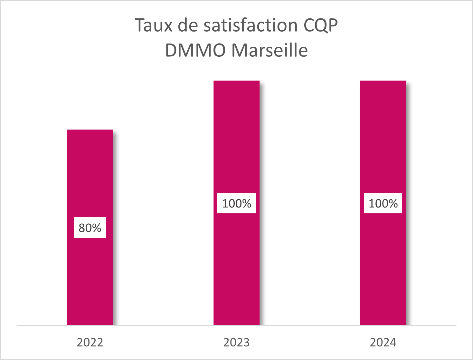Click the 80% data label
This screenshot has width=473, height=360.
[x=90, y=228]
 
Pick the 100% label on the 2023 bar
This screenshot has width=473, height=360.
[x=236, y=203]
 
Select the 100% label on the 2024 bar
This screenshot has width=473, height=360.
[x=383, y=203]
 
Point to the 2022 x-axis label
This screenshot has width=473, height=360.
[x=90, y=342]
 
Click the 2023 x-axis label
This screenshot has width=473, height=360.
[x=236, y=342]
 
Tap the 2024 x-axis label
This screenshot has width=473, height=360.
[x=383, y=342]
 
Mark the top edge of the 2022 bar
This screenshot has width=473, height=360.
[x=90, y=130]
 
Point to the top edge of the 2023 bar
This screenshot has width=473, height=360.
[x=236, y=81]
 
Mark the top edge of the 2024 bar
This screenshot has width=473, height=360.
[x=383, y=81]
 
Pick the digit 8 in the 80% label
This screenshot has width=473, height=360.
[x=82, y=228]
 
